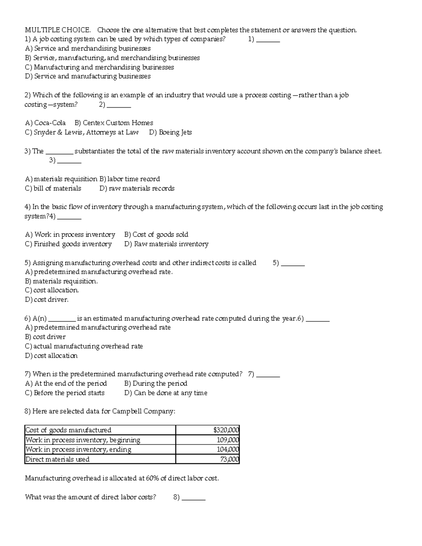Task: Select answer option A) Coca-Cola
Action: point(45,123)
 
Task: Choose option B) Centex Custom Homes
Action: point(114,123)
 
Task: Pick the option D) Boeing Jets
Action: point(170,133)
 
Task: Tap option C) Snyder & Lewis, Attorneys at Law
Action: point(82,133)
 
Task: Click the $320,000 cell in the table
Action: point(226,430)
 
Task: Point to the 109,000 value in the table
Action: point(228,440)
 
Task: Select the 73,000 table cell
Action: point(229,459)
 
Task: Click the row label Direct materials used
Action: point(57,459)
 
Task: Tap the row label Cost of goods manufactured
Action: point(68,430)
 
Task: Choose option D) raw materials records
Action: point(137,188)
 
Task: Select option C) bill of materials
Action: point(53,188)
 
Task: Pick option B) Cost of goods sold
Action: point(156,235)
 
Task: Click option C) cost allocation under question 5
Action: point(52,290)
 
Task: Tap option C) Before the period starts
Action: point(65,393)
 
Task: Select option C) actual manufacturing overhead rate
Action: point(84,346)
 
